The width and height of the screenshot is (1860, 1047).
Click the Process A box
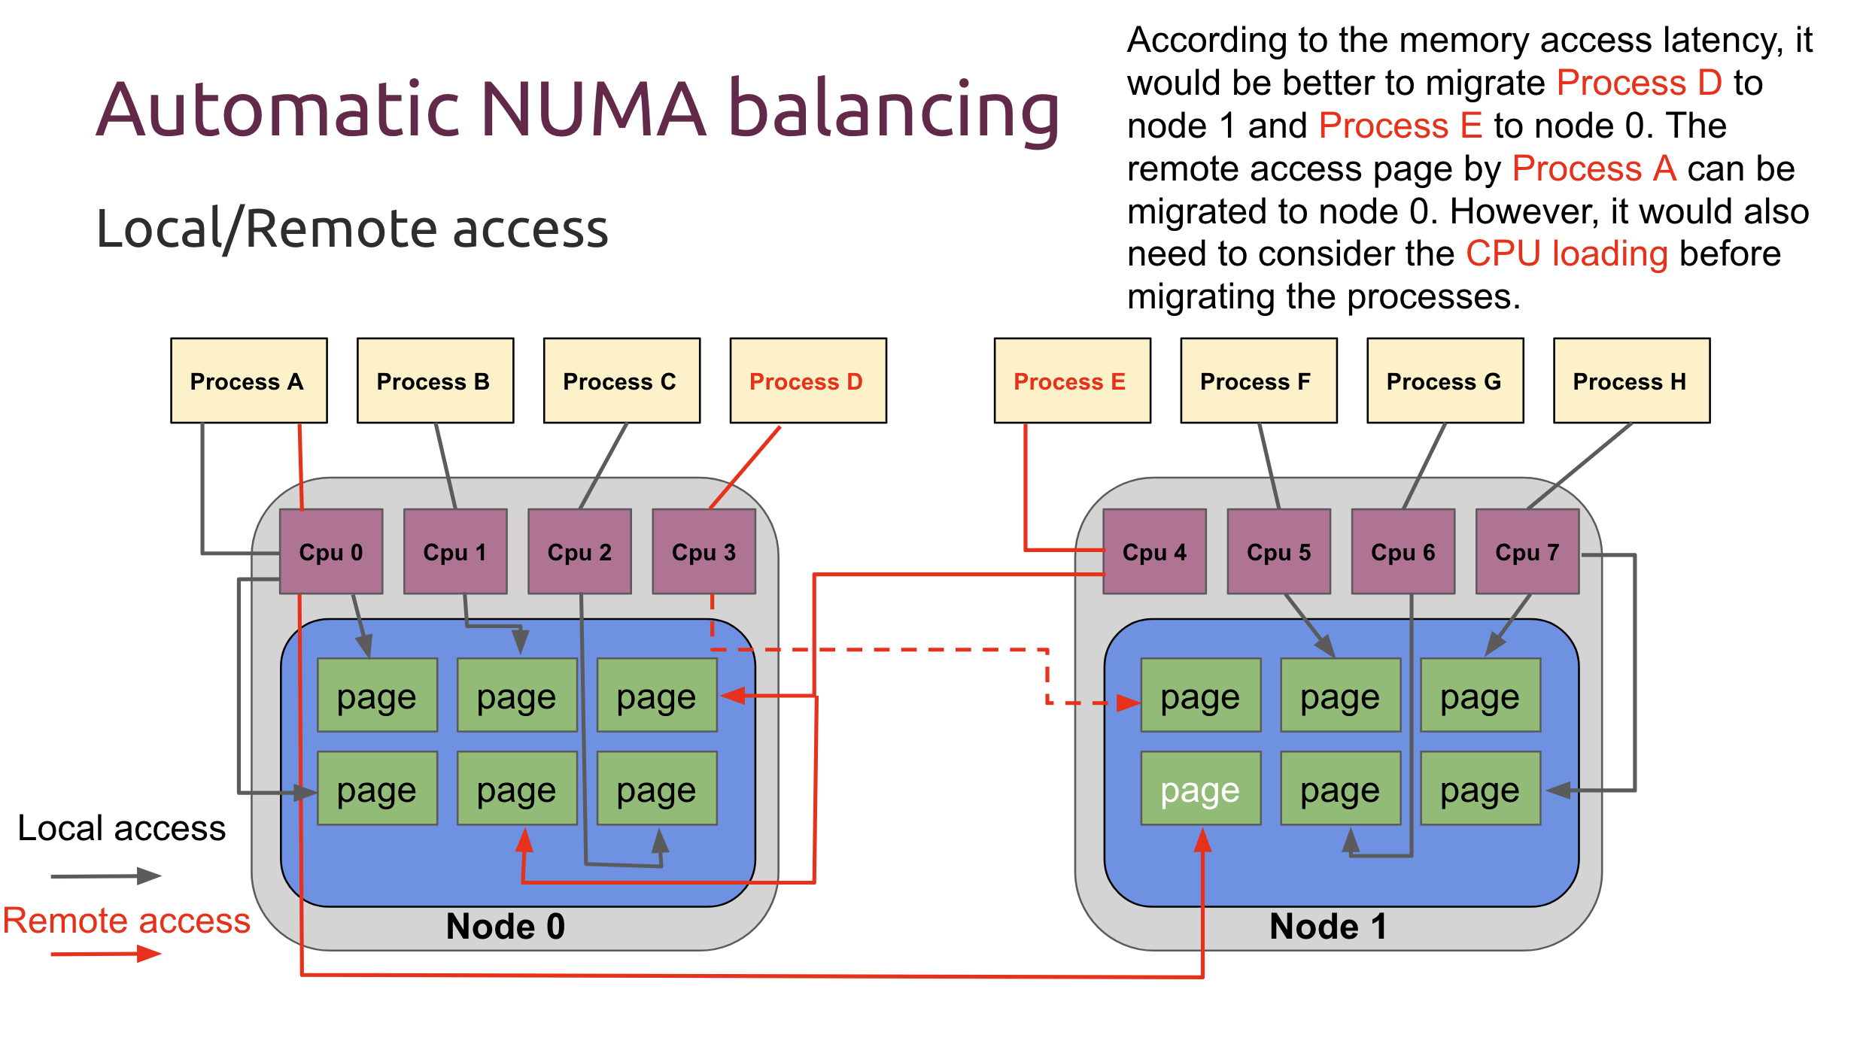(x=248, y=381)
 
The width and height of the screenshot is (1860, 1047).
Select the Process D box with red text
(x=807, y=381)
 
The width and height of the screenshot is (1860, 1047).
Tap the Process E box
(x=1071, y=381)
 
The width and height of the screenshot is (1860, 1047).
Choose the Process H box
(x=1631, y=381)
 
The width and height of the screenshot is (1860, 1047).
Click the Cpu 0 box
(x=331, y=551)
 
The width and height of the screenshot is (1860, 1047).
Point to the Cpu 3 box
(x=704, y=551)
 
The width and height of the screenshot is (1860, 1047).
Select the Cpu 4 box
(x=1154, y=551)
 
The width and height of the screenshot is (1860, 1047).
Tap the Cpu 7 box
(x=1527, y=551)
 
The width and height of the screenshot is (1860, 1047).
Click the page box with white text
(x=1200, y=788)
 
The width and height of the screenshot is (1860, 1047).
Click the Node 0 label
(x=505, y=926)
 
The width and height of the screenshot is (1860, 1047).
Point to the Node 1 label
(x=1328, y=926)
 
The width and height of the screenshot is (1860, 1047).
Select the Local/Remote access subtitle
(x=352, y=228)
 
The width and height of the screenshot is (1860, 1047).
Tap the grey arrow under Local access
(x=105, y=876)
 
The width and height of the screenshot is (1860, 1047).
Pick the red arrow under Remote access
(x=105, y=954)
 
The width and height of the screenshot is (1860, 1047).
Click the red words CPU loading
(x=1567, y=253)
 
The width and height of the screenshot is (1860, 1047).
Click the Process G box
(x=1445, y=381)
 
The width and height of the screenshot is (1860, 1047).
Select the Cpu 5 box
(x=1278, y=551)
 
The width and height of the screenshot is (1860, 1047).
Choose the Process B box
(x=435, y=381)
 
